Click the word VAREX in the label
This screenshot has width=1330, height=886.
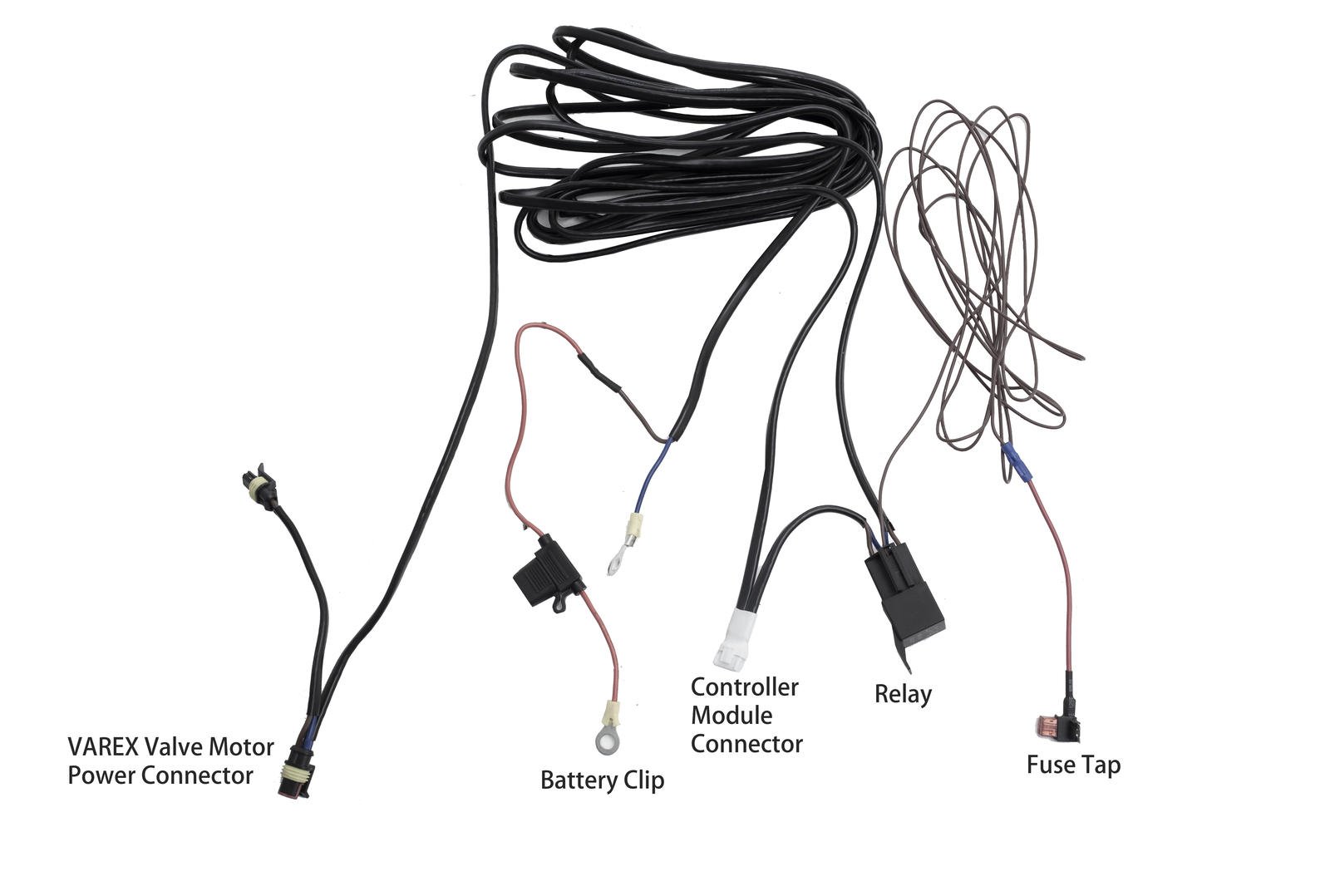point(102,747)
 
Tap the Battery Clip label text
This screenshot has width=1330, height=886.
point(602,781)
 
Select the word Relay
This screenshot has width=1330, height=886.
point(903,694)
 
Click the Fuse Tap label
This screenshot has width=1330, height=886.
point(1073,765)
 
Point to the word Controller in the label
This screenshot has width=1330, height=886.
point(744,687)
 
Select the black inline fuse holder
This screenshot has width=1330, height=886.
point(544,573)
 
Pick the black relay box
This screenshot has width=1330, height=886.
point(903,594)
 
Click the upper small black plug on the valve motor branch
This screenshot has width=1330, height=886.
point(257,486)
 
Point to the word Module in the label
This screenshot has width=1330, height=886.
point(731,716)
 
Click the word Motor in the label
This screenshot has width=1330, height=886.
point(241,747)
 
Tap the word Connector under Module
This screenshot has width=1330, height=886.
point(746,744)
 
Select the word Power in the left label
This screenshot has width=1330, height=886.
point(101,775)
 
